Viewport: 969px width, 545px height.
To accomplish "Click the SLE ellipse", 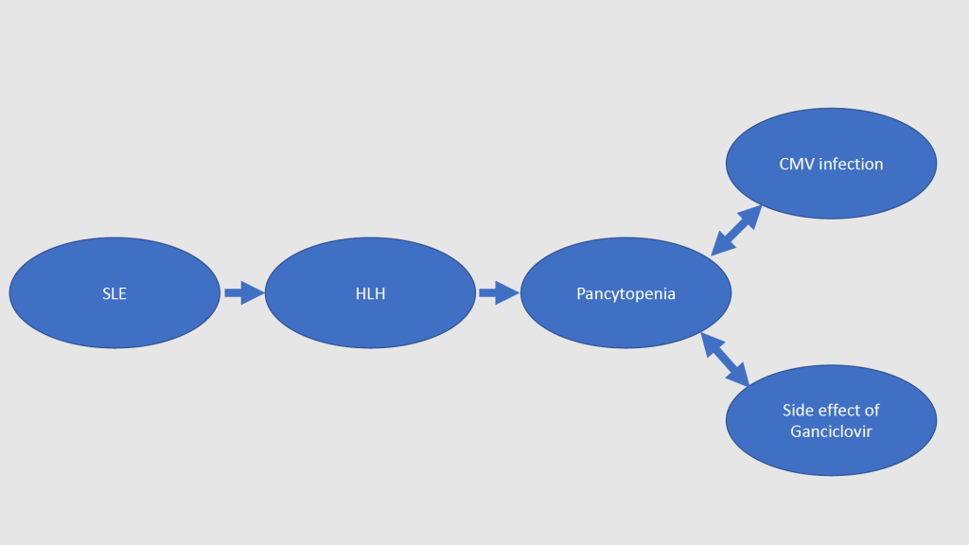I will click(x=115, y=293).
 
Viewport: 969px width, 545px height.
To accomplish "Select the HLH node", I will click(x=370, y=293).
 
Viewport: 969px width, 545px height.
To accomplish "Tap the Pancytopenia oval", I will click(x=625, y=293).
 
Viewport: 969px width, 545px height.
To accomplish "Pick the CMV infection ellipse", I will click(x=831, y=164).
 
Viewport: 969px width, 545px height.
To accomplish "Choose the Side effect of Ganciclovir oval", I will click(x=831, y=420).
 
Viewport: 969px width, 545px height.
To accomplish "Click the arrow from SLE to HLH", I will click(x=242, y=293).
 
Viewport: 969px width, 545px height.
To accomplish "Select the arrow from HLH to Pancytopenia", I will click(x=498, y=293).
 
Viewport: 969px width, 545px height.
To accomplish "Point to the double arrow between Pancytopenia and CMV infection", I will click(x=736, y=230).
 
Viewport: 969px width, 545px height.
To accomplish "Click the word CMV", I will click(x=797, y=165).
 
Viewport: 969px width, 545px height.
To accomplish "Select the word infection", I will click(x=850, y=165).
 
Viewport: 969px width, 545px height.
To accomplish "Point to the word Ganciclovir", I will click(x=831, y=432).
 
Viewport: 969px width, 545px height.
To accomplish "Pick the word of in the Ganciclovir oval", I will click(x=872, y=411).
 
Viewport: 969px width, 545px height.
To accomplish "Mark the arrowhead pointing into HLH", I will click(x=255, y=293).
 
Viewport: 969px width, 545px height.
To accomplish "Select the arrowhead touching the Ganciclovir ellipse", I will click(x=739, y=376).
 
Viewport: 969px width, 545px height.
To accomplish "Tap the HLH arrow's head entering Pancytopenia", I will click(x=510, y=293).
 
